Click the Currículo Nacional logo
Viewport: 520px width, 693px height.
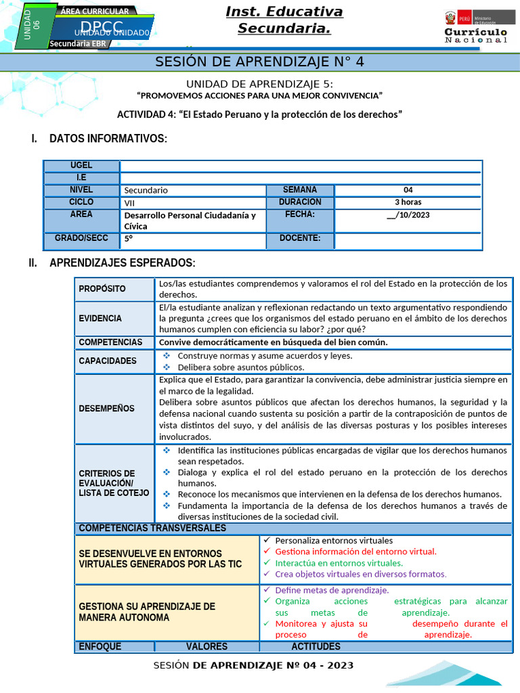(x=475, y=28)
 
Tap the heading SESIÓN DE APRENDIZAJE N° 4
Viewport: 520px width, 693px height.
(x=259, y=62)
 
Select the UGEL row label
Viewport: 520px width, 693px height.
(x=81, y=166)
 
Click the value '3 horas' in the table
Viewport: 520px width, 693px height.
(x=408, y=202)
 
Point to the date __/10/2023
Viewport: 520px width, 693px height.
(x=408, y=215)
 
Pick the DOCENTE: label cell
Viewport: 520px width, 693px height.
(x=299, y=239)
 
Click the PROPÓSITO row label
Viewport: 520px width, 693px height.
(x=102, y=289)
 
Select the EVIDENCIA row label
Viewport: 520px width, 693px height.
(x=100, y=318)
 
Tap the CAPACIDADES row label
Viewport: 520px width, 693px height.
(x=107, y=361)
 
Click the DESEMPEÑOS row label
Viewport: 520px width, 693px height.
(x=106, y=409)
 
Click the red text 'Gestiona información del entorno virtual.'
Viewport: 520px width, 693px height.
(x=355, y=552)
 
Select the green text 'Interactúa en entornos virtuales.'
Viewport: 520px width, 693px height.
(x=339, y=563)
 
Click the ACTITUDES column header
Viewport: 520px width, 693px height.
(x=316, y=647)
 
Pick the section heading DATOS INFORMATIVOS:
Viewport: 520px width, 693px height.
(x=108, y=139)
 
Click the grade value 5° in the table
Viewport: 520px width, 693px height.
(x=129, y=239)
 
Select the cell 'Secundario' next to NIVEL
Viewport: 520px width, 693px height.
(x=146, y=190)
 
